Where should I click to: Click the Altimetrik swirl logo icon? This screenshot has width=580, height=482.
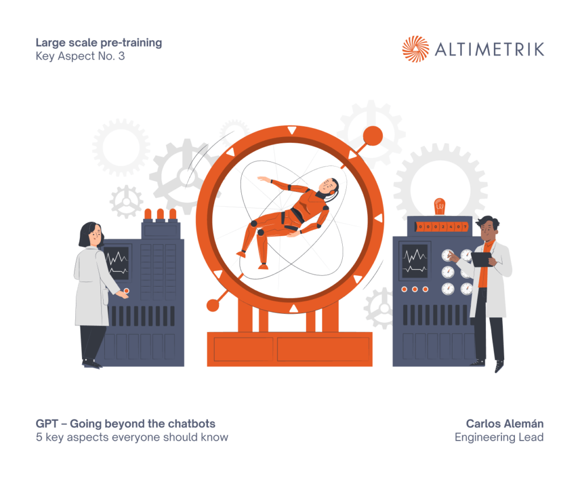tap(415, 49)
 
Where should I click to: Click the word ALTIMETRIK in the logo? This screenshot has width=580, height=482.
tap(489, 49)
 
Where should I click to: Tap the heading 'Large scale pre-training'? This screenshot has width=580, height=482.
tap(99, 43)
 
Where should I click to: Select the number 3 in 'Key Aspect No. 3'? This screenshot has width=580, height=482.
tap(121, 56)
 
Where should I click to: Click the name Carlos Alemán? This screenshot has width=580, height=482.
tap(505, 424)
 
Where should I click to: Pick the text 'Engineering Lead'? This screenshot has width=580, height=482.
tap(499, 437)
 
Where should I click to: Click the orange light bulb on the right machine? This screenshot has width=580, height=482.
tap(440, 206)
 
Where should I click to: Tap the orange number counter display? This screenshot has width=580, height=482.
tap(442, 227)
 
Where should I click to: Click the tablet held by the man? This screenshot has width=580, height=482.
tap(482, 259)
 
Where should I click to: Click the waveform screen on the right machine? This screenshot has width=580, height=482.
tap(415, 261)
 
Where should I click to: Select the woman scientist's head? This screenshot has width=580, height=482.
tap(91, 234)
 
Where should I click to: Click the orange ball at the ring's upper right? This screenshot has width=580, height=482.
tap(373, 136)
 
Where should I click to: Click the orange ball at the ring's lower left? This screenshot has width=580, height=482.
tap(213, 305)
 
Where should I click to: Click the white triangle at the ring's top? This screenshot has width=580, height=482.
tap(292, 130)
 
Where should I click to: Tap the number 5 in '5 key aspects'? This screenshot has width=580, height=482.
tap(39, 437)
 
